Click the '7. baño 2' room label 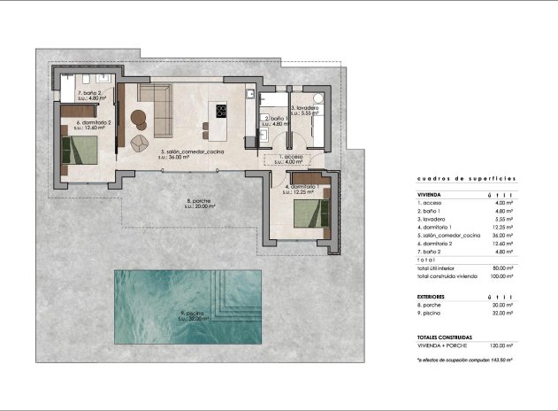(91, 92)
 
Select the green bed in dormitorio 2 (80, 149)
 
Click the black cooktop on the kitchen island (219, 111)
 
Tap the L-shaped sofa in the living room (157, 111)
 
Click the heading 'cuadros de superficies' (466, 178)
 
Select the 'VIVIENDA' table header (430, 194)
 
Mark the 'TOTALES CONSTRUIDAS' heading (445, 337)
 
